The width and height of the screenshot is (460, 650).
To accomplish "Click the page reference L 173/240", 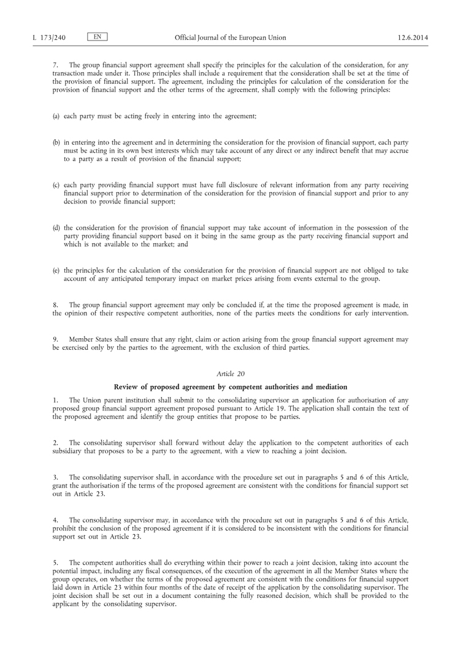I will [x=49, y=38].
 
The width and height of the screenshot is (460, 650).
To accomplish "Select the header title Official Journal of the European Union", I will [x=230, y=38].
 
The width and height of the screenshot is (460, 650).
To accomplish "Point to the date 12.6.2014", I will [x=413, y=38].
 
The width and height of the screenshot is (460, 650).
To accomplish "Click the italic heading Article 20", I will [x=230, y=373].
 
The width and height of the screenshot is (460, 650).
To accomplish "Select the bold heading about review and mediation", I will [x=230, y=387].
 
